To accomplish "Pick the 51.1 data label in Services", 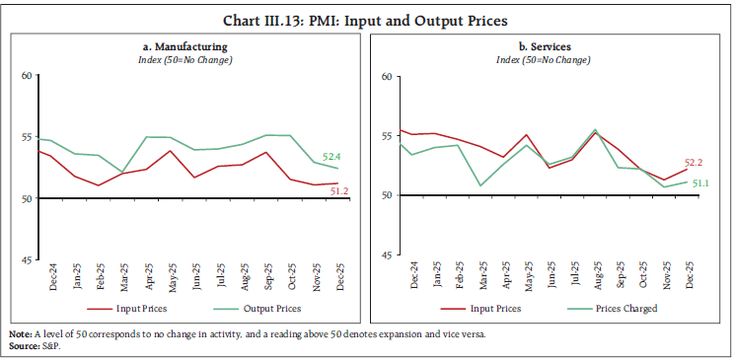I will (700, 183).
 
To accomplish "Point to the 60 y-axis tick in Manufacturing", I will (27, 75).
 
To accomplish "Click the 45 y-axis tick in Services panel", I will (387, 256).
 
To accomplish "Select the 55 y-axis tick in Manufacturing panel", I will (27, 136).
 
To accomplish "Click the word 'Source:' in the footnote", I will (24, 343).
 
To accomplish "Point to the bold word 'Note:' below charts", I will (21, 333).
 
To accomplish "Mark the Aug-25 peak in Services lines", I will (595, 130).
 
